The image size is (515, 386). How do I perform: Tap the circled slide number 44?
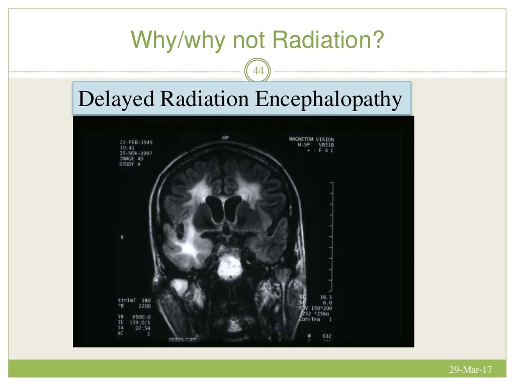[x=257, y=72]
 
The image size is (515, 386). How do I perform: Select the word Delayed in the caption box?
[x=116, y=99]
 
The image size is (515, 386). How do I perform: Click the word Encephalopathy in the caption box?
[x=328, y=99]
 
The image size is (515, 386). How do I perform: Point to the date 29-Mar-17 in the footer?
[x=470, y=370]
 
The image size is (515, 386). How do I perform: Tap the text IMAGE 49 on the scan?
[x=131, y=159]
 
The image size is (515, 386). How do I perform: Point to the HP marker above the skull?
[x=225, y=137]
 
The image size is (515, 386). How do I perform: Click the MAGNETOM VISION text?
[x=311, y=139]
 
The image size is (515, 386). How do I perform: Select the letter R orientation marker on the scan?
[x=122, y=237]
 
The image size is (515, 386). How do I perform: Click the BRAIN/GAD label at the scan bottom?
[x=183, y=340]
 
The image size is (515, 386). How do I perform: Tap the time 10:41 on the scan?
[x=127, y=148]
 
